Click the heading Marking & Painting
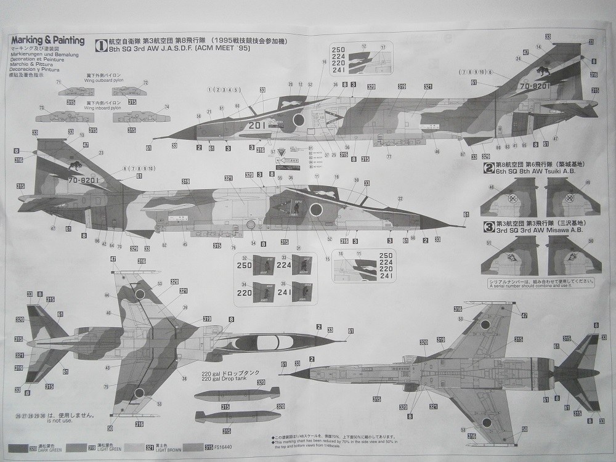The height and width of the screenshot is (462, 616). pos(47,41)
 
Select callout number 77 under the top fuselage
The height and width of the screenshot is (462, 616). pos(389,157)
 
